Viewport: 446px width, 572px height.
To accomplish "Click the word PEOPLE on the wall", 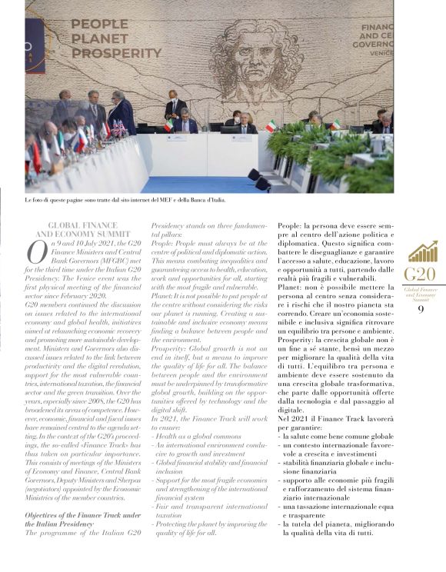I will [x=98, y=24].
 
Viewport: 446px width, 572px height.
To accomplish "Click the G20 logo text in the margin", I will [x=421, y=275].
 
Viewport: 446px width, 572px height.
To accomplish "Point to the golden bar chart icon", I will [x=421, y=251].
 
